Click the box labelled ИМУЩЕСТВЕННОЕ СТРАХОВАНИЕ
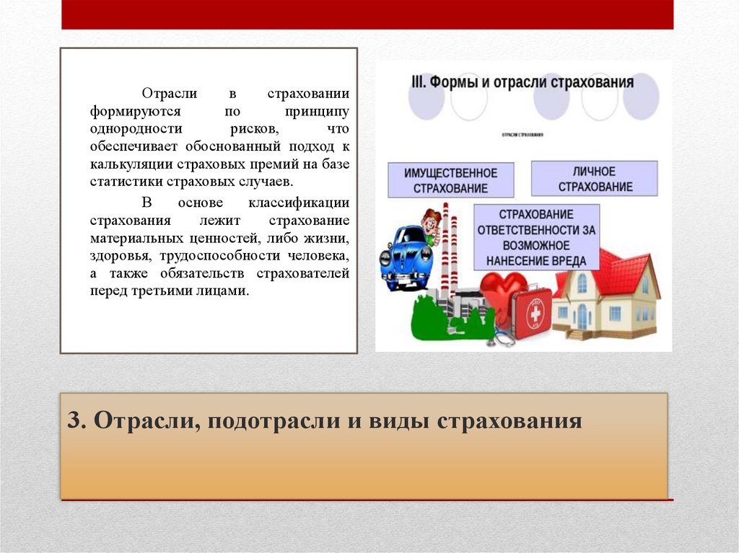[x=451, y=180]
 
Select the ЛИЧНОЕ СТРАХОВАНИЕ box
[x=594, y=179]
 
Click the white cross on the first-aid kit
[x=535, y=314]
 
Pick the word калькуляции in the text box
[x=123, y=164]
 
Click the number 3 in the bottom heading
[x=73, y=420]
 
